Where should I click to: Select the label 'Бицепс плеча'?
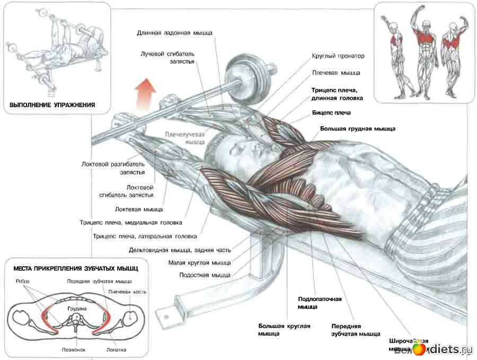(x=331, y=113)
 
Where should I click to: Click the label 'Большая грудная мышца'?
(x=358, y=129)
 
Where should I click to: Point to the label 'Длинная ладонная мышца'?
(x=174, y=33)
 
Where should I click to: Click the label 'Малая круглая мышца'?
(x=199, y=262)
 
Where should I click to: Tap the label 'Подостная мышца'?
(x=205, y=275)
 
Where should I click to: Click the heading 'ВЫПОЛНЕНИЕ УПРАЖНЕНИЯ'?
(x=52, y=105)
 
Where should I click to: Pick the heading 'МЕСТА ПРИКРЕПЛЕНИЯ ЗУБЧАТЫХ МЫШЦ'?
(x=75, y=269)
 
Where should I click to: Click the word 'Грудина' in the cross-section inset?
(x=77, y=308)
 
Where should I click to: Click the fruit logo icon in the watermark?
(x=419, y=348)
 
